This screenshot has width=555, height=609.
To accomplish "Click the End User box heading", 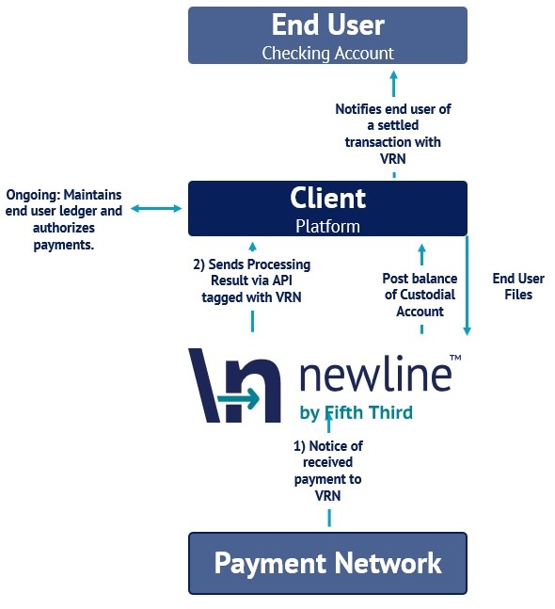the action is (x=328, y=24).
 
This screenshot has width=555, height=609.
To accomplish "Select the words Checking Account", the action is (x=328, y=54).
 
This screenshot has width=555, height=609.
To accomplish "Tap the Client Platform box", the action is (x=327, y=209).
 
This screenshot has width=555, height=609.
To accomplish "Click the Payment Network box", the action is (x=327, y=563).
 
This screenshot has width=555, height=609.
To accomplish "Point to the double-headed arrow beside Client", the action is (x=156, y=209).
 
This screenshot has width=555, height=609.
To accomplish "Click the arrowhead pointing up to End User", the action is (x=393, y=75).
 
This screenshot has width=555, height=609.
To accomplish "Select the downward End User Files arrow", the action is (x=467, y=285).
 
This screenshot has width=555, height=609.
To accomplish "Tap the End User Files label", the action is (x=518, y=286).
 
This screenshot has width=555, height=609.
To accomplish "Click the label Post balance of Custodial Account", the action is (x=420, y=295).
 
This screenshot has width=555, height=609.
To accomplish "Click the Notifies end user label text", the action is (x=393, y=134).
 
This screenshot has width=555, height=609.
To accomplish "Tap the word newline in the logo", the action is (x=375, y=373).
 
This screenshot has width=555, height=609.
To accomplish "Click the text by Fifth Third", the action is (x=356, y=412).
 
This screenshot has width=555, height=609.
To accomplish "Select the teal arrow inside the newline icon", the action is (x=238, y=398).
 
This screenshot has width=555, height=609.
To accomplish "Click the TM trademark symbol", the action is (x=455, y=358).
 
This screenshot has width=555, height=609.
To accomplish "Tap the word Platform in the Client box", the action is (x=327, y=227).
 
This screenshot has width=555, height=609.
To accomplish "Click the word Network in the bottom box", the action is (x=388, y=563).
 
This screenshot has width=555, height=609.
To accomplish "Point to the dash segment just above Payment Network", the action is (x=329, y=518).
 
